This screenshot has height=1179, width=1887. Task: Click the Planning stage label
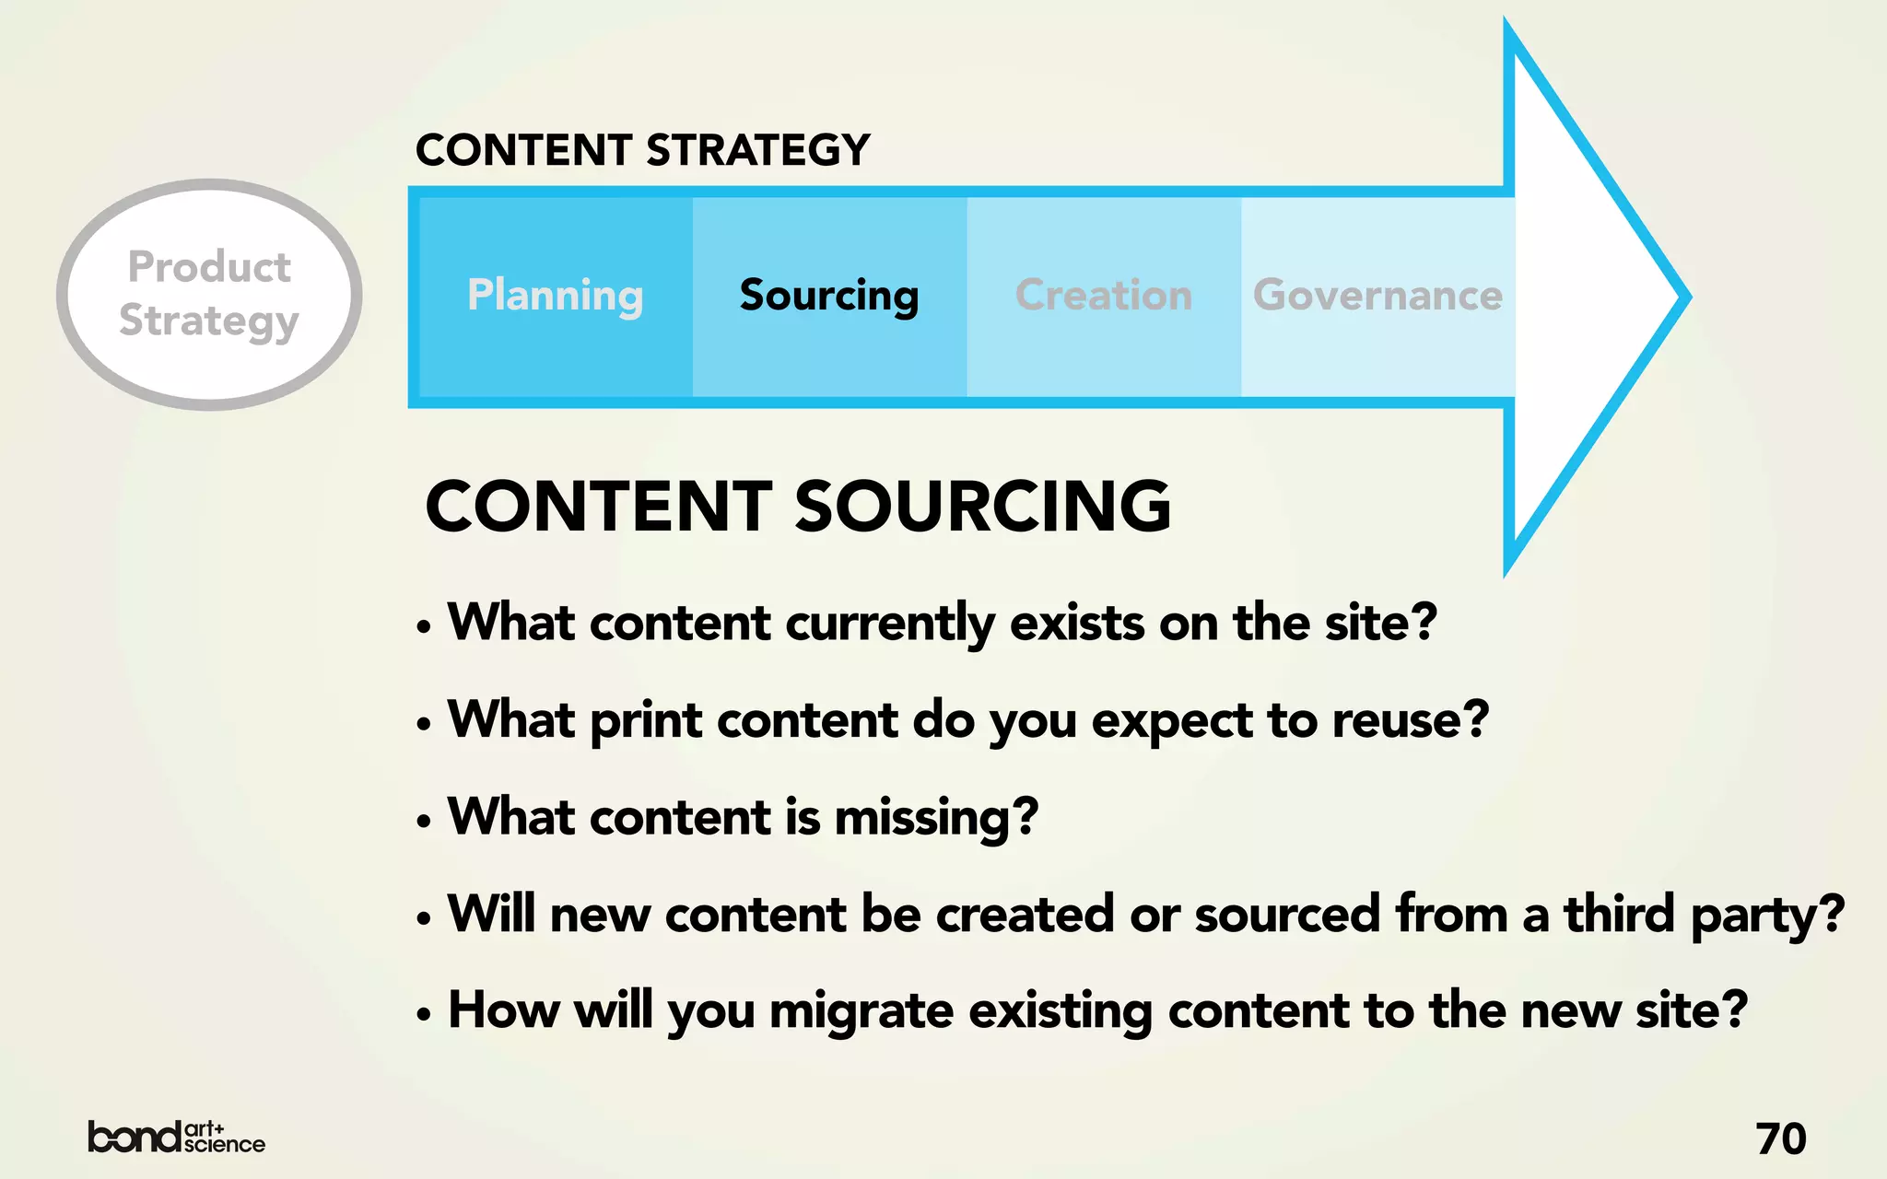555,296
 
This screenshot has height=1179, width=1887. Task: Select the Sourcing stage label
829,296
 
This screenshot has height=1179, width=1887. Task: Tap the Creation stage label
1104,296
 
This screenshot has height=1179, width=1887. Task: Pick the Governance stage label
1377,296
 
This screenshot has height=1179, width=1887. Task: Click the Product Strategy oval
209,294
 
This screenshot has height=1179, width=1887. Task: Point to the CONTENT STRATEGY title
642,150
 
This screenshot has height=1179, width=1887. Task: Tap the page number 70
1780,1139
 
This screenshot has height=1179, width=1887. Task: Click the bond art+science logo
176,1138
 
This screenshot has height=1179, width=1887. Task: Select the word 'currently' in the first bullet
890,625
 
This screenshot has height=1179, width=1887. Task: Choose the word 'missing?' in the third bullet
936,818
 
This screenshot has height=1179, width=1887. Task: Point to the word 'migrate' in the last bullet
861,1012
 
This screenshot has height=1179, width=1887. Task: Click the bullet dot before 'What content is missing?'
423,821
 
